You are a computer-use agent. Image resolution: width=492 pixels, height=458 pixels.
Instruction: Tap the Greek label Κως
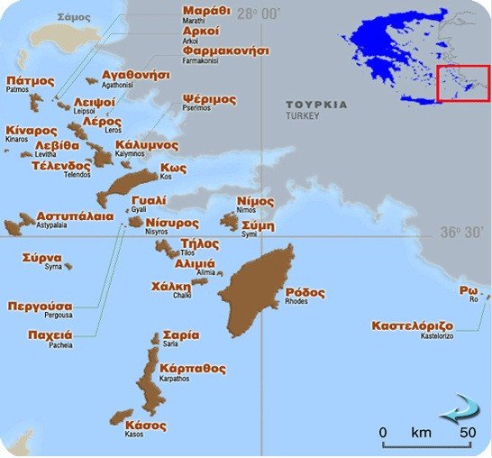click(173, 168)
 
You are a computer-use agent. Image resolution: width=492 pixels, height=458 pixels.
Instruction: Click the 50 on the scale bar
click(467, 433)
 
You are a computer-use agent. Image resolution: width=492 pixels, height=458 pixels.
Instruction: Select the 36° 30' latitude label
click(462, 232)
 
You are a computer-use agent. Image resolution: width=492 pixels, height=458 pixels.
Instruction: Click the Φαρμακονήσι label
click(225, 51)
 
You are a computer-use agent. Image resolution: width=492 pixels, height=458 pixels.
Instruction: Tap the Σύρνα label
click(42, 257)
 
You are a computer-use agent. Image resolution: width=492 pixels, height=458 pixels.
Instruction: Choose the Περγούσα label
click(40, 306)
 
